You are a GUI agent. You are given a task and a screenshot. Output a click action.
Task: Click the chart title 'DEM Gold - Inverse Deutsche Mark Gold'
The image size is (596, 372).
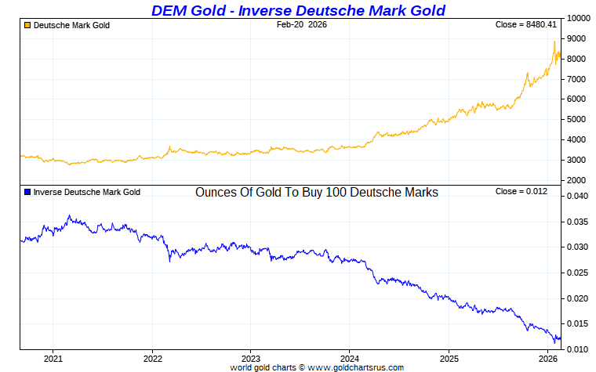(x=298, y=10)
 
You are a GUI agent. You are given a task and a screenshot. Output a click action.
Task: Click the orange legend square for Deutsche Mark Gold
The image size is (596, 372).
(x=27, y=26)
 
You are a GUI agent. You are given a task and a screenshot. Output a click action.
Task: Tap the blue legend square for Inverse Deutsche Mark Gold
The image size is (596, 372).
(x=27, y=192)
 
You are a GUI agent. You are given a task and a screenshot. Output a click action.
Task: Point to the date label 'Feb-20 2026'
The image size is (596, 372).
(x=302, y=25)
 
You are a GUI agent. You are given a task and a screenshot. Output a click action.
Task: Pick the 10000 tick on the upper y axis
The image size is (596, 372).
(x=578, y=18)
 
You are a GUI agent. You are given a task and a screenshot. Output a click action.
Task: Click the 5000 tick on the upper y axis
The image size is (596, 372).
(x=576, y=120)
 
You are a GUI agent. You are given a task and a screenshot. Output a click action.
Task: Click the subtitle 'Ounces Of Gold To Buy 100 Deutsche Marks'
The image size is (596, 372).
(x=316, y=192)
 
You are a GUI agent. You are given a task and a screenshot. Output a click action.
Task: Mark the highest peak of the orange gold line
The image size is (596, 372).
(x=554, y=42)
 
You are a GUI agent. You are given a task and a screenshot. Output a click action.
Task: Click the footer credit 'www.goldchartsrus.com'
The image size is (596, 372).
(x=356, y=367)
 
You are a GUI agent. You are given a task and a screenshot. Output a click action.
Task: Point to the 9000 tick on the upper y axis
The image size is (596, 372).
(x=576, y=38)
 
